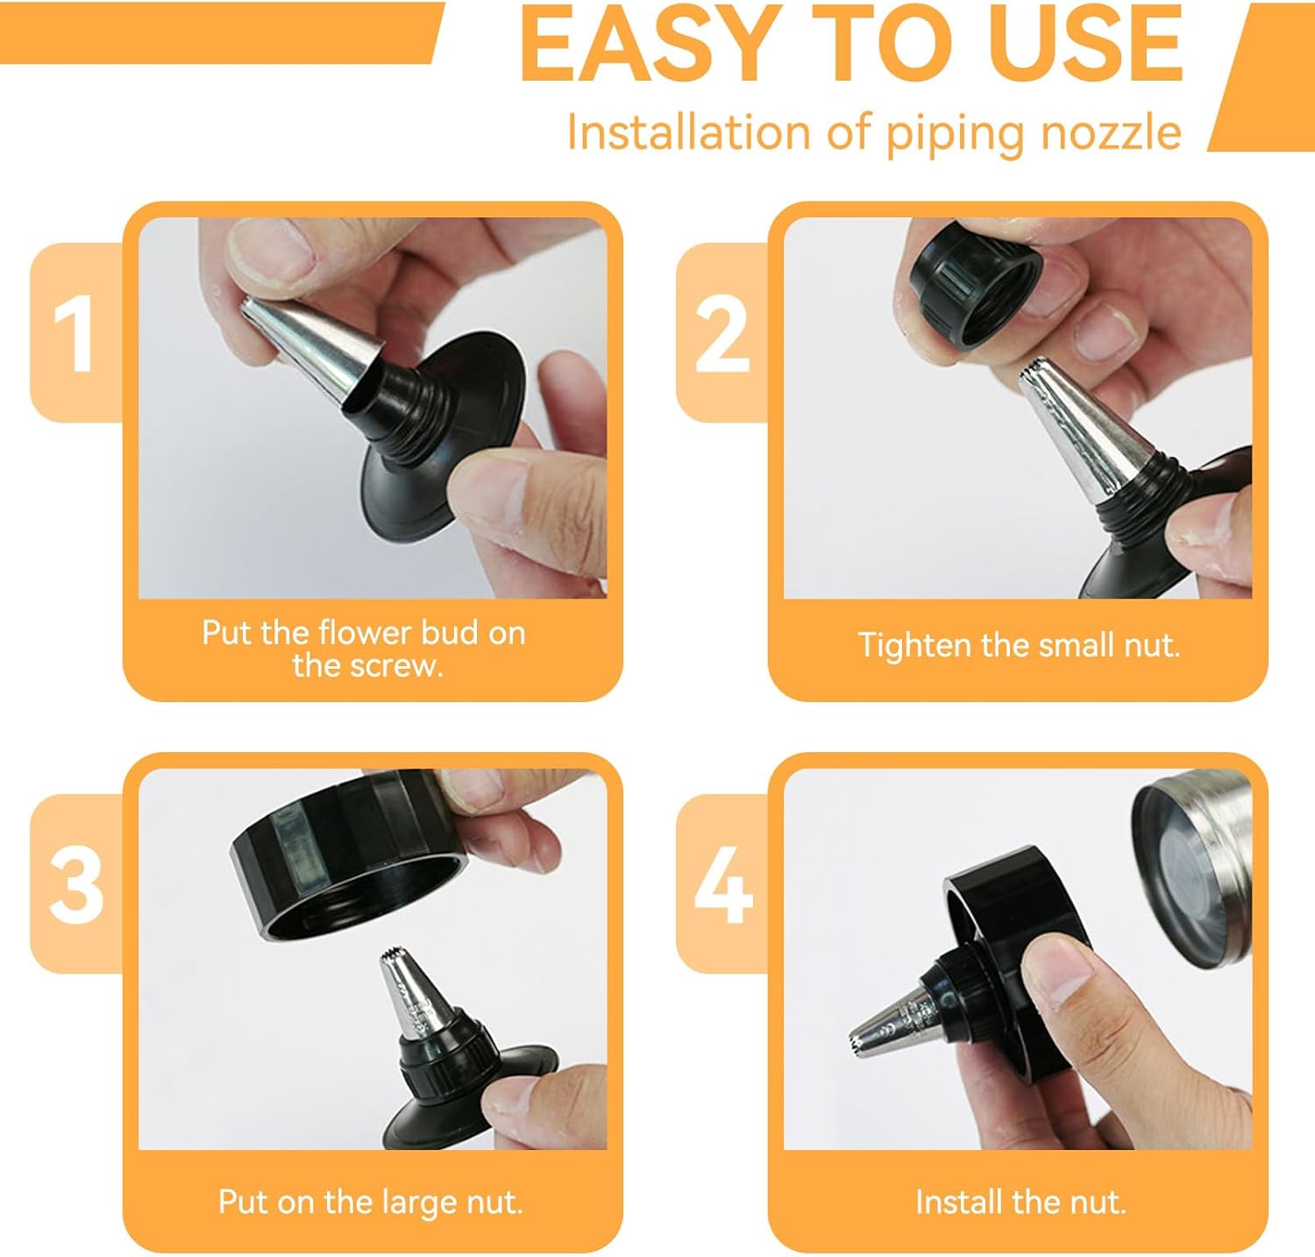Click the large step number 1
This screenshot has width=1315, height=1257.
click(75, 334)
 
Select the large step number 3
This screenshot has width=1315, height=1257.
click(76, 884)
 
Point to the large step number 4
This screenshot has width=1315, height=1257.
click(723, 884)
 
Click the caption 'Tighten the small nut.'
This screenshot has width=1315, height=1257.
click(1019, 645)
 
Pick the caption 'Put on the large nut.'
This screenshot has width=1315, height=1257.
click(371, 1201)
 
